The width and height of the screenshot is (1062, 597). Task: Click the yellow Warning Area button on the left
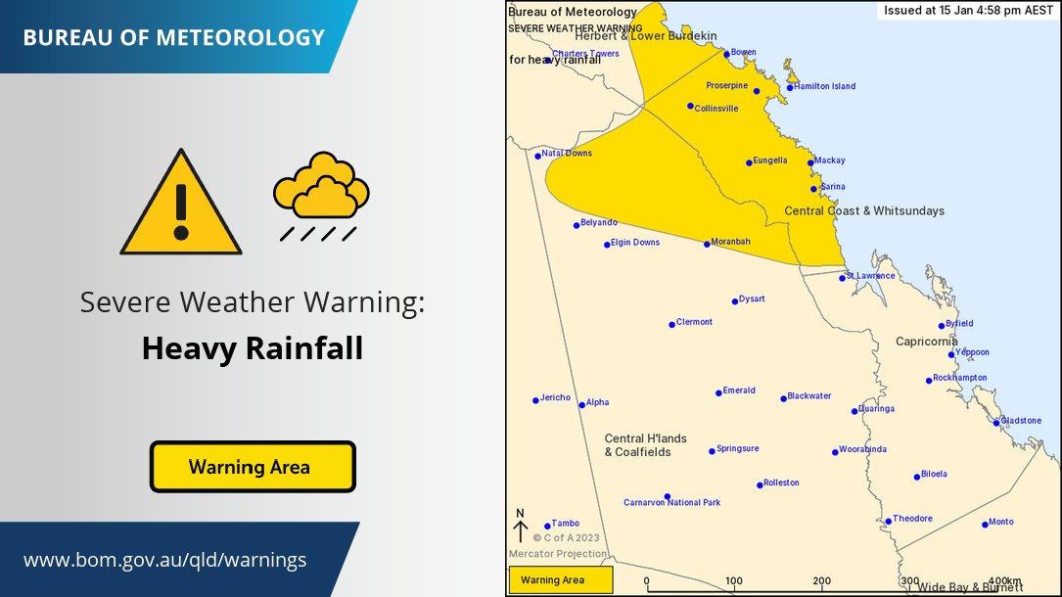(252, 467)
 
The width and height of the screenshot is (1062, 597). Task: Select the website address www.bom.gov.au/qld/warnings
(164, 560)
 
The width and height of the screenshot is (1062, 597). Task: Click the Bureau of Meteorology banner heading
(173, 38)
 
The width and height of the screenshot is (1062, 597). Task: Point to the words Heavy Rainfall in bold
(252, 348)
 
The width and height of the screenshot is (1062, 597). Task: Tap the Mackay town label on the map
(829, 161)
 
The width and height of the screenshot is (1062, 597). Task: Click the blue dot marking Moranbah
(707, 244)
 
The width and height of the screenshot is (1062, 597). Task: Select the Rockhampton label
(960, 378)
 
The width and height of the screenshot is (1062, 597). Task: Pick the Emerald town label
(739, 390)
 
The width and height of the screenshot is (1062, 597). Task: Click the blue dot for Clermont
(671, 324)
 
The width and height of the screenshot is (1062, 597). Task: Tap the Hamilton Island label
(824, 87)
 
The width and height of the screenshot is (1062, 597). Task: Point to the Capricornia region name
(926, 342)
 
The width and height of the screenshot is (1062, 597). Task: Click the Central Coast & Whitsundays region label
(864, 210)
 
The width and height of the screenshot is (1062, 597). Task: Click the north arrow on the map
(521, 528)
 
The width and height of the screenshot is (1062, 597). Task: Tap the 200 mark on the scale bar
(822, 581)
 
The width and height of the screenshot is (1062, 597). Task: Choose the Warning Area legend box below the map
(560, 580)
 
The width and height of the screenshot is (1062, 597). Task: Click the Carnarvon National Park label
(671, 503)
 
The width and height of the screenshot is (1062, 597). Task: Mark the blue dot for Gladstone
(996, 423)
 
